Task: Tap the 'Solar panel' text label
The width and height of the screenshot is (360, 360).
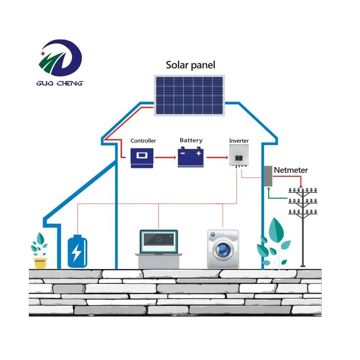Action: [x=190, y=65]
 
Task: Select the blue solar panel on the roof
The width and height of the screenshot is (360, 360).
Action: [x=189, y=95]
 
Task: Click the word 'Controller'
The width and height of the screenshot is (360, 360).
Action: [x=143, y=141]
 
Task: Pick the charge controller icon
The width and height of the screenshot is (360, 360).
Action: [x=142, y=158]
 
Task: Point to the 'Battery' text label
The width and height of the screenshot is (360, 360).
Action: [x=191, y=140]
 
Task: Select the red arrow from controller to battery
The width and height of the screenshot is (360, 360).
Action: [x=165, y=158]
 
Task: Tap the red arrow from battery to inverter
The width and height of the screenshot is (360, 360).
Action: [x=216, y=158]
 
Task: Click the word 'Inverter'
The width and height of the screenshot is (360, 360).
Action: [x=238, y=141]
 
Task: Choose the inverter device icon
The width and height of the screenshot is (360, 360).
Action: [x=238, y=157]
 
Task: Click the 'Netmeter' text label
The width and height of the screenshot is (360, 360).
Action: [x=291, y=170]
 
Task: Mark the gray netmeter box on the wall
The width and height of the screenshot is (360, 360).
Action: [x=268, y=176]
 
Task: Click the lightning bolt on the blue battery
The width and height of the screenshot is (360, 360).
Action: [x=77, y=253]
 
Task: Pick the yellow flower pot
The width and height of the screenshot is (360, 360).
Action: [x=40, y=262]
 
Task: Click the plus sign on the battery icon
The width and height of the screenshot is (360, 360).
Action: [x=198, y=153]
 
